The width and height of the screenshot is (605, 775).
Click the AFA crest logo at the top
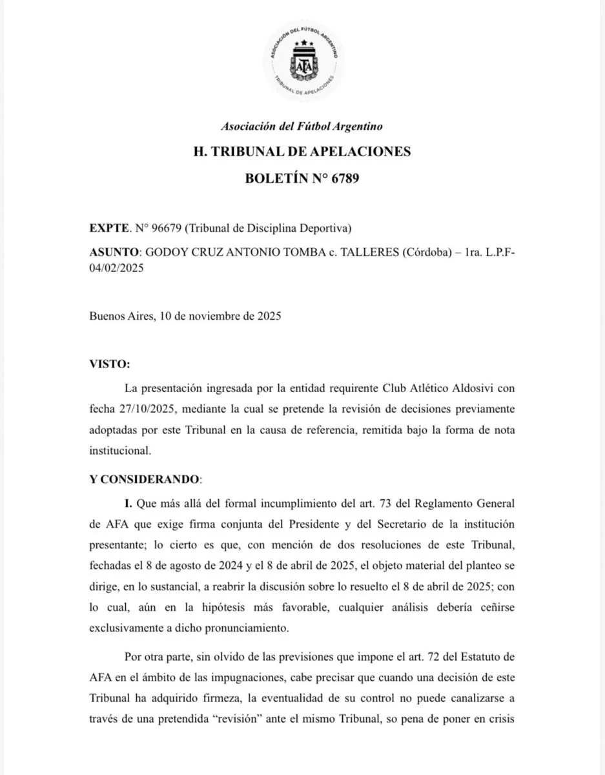(302, 63)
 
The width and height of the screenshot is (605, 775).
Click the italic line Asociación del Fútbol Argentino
(302, 127)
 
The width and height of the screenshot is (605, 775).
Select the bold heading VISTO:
(109, 364)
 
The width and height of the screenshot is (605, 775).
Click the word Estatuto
(479, 658)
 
